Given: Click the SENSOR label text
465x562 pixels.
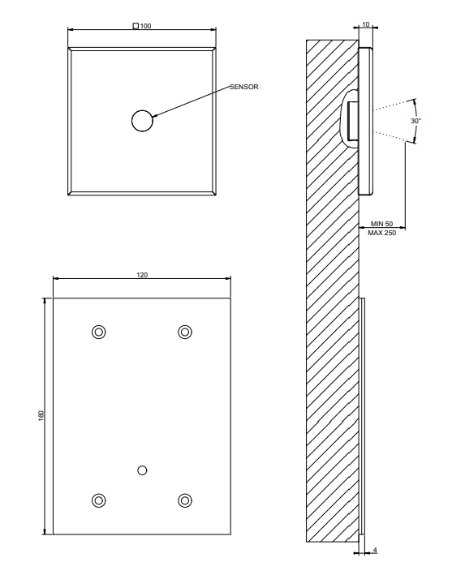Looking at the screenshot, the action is [243, 87].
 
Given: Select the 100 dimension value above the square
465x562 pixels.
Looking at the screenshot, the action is [146, 26].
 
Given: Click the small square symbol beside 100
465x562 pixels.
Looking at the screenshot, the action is [136, 26].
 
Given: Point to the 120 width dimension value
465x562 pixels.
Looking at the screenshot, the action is [142, 275].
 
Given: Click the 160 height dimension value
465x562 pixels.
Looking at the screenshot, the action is [41, 416].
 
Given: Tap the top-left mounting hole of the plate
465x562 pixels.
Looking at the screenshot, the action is [99, 332].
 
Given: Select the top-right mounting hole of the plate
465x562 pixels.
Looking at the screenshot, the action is [185, 332].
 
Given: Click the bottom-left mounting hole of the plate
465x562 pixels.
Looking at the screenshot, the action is [99, 500].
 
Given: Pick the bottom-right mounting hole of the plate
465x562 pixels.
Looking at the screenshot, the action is [185, 500].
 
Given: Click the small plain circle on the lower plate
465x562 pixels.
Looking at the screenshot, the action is [142, 470].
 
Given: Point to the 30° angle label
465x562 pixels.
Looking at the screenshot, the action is [415, 121].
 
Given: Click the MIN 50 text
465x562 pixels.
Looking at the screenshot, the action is [381, 224].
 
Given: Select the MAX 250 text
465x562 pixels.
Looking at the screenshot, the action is [381, 233].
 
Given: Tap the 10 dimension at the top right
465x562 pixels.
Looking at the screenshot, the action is [366, 24].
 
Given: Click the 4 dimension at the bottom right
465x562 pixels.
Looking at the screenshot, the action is [375, 550].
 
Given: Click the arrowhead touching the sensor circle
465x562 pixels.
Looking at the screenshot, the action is [156, 115].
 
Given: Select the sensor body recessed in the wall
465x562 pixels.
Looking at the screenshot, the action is [353, 121].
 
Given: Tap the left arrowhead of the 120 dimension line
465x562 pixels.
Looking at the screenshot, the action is [57, 278].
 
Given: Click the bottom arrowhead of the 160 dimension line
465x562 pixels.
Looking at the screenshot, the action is [45, 531].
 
